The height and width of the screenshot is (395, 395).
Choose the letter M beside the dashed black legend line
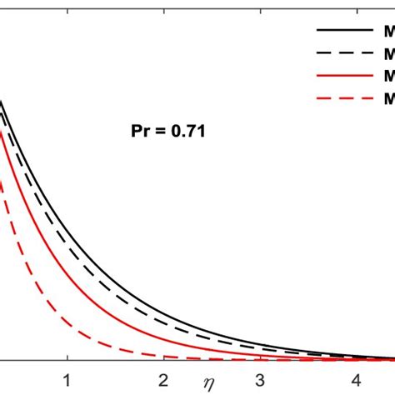click(x=388, y=54)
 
